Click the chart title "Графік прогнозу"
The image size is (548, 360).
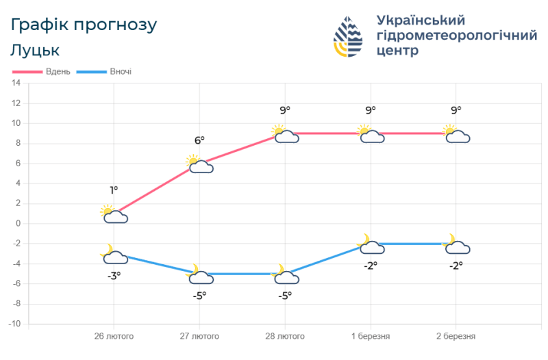pos(84,25)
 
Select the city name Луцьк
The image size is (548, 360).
pos(36,50)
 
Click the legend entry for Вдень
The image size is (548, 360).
pos(42,71)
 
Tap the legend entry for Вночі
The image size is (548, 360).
pos(105,71)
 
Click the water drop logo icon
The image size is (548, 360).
pos(349,38)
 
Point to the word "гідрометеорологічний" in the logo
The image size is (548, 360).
pos(457,36)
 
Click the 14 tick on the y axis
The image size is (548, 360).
pos(16,83)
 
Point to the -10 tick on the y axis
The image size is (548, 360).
pos(14,324)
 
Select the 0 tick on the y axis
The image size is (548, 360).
pos(18,224)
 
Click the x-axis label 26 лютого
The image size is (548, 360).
pos(114,337)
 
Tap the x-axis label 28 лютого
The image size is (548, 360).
pos(285,337)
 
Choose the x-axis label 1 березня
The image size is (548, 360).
pos(371,337)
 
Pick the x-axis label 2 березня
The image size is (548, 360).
pos(456,337)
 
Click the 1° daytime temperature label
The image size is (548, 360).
pos(114,190)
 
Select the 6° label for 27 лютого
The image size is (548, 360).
pos(199,140)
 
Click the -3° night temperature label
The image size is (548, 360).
pos(114,275)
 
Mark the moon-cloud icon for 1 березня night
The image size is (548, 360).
pos(370,244)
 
